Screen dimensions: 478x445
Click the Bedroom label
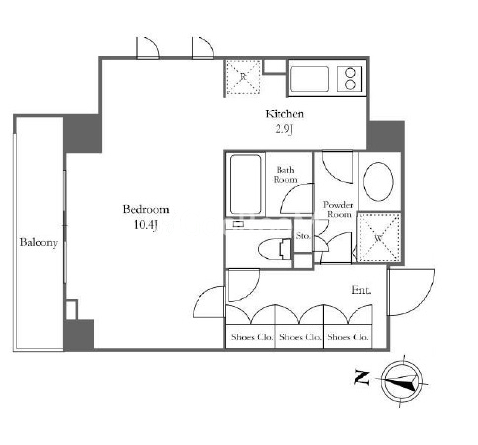146,210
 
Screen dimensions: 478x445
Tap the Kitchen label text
284,114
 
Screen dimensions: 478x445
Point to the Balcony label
39,243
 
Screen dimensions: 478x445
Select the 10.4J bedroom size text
146,225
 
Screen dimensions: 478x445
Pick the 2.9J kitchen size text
284,130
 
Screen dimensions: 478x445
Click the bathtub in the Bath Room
246,185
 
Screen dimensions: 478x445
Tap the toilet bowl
275,249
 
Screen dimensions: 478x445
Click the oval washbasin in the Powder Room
378,182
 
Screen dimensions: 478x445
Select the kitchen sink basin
309,79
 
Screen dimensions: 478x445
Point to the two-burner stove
350,78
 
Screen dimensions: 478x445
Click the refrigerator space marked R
243,78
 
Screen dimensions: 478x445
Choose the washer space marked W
379,238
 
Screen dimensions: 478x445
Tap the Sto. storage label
303,236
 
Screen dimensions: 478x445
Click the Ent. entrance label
361,290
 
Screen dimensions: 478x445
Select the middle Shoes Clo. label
300,337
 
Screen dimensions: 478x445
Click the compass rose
403,382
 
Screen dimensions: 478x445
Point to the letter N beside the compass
361,378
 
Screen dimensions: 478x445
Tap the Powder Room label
338,209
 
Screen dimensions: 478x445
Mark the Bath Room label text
285,175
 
